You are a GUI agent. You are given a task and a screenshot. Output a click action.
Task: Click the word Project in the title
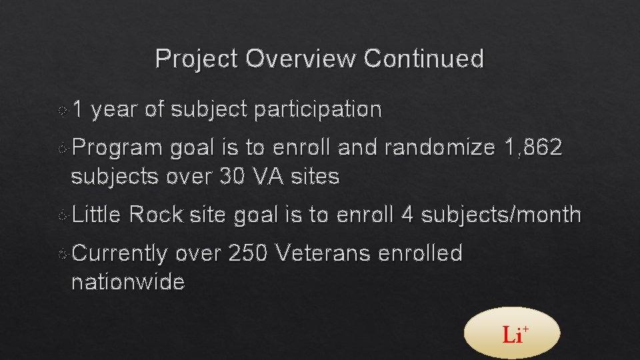197,59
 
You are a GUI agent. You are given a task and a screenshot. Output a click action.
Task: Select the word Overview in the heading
301,59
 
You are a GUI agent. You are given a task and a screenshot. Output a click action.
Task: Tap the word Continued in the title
425,59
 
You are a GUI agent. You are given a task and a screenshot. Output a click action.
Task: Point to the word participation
317,109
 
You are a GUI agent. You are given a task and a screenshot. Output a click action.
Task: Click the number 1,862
534,148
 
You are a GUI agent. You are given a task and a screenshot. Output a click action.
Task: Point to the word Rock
156,215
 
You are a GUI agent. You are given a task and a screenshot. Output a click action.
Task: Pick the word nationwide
128,282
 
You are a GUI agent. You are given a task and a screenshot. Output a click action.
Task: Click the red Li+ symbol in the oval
514,334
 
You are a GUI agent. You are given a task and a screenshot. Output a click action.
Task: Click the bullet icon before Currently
63,254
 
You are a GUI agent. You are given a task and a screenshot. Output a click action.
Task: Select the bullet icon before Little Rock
63,215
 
